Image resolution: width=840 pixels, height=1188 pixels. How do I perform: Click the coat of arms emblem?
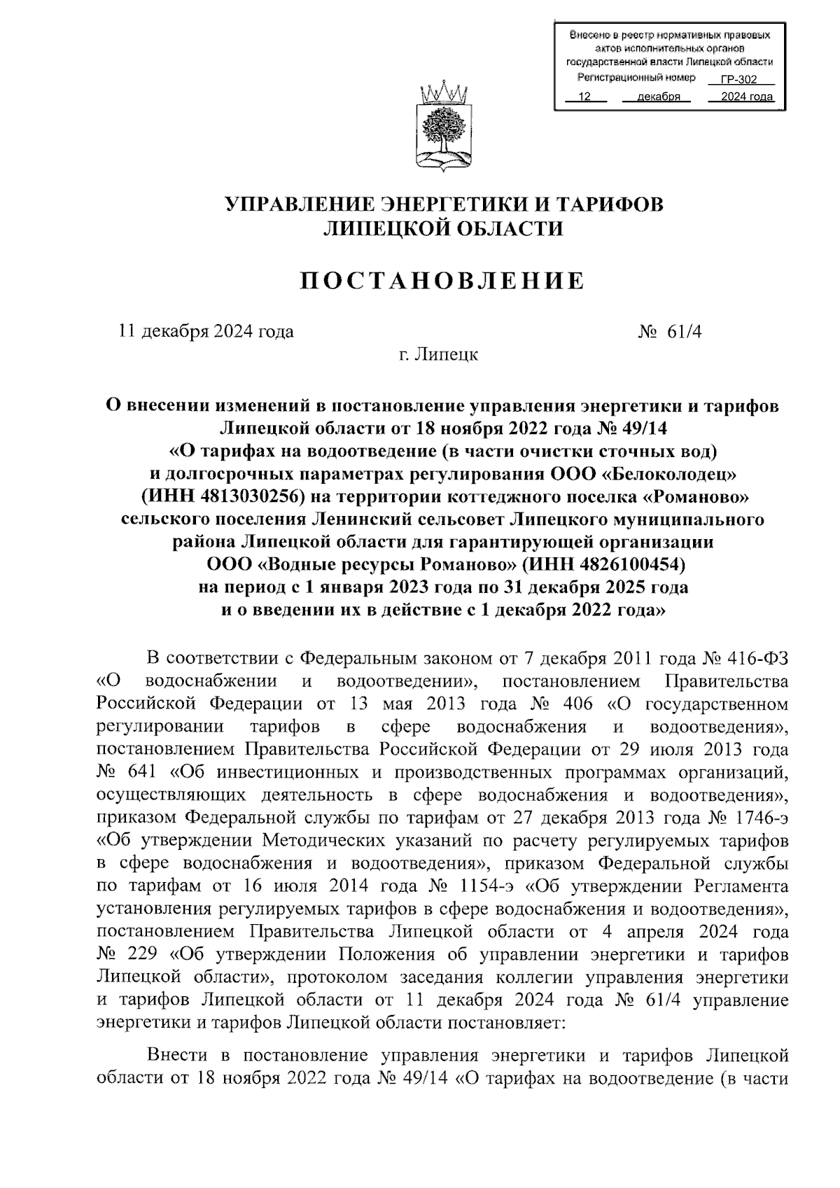443,128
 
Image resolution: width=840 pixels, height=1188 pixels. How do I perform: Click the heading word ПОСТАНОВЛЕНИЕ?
442,281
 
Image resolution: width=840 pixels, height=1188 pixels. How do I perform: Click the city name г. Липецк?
439,355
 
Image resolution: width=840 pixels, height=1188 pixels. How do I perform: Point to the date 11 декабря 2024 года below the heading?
206,332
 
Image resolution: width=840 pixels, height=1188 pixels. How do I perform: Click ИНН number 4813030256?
242,497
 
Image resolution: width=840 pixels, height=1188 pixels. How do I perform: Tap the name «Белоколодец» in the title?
671,474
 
